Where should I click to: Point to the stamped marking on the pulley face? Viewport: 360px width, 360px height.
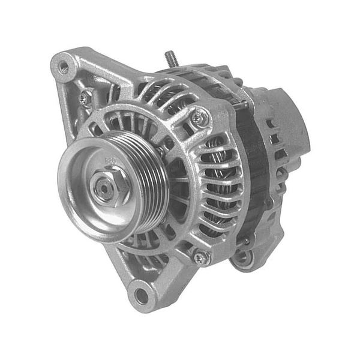click(x=110, y=161)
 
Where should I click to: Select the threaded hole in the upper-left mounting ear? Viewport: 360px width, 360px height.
click(x=63, y=67)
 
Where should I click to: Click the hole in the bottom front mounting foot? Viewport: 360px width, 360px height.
click(x=141, y=295)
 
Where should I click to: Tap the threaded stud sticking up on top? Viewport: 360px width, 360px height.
click(x=170, y=58)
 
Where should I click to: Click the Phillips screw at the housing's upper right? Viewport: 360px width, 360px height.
click(x=199, y=118)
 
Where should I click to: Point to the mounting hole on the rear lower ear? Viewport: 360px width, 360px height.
click(x=242, y=257)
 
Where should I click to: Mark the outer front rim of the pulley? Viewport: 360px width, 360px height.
click(x=66, y=198)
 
